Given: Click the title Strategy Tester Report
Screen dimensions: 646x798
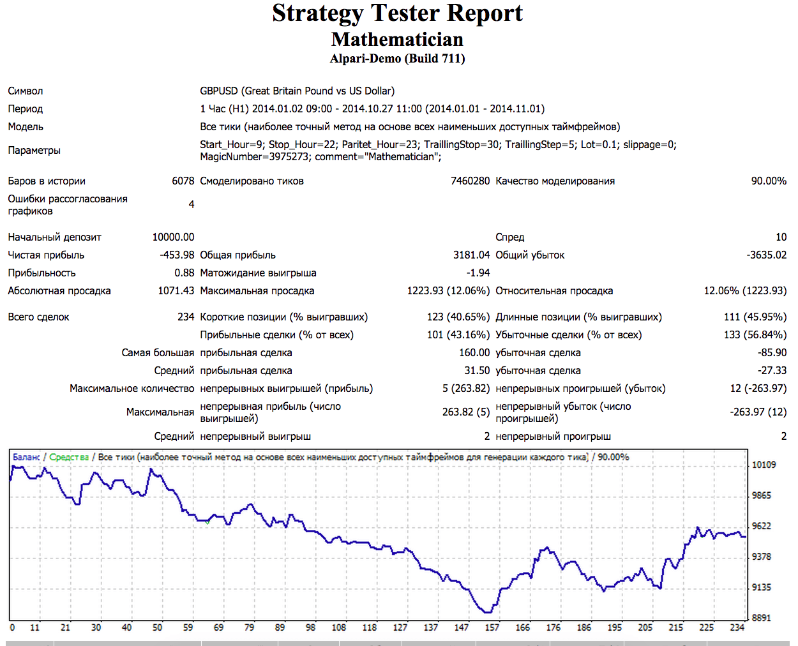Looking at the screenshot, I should pos(397,13).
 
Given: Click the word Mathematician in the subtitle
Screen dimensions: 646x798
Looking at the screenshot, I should pos(397,40).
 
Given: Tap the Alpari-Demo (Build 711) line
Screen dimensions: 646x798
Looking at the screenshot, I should pos(397,59).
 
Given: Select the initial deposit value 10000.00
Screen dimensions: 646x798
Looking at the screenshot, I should pos(173,237).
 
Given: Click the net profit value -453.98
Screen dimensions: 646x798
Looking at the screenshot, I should pos(177,255).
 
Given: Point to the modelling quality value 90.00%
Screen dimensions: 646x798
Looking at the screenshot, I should pos(768,181).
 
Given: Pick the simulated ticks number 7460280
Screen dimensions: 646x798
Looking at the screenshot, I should pos(470,181).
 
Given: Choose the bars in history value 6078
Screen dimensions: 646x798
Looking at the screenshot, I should pos(183,181).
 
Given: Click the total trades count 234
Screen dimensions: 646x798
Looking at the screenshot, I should pos(186,317).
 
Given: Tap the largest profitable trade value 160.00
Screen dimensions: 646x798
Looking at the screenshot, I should pos(474,353).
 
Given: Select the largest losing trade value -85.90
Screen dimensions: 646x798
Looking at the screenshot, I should pos(772,353).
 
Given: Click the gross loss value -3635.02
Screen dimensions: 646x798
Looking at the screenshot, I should pos(766,255).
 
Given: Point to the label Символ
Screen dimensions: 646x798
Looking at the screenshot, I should pos(26,91).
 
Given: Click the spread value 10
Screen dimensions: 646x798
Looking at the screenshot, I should pos(781,237).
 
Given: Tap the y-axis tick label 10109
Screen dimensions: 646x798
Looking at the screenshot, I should pos(764,465).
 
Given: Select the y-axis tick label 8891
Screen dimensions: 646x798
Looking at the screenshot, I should pos(761,618).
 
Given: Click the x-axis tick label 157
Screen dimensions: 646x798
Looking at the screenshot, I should pos(492,627).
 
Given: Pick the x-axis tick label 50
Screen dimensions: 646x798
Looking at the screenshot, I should pos(157,627).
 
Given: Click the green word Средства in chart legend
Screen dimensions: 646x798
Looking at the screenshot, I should pos(69,457).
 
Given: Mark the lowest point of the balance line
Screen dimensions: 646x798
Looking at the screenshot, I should pos(489,612).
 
